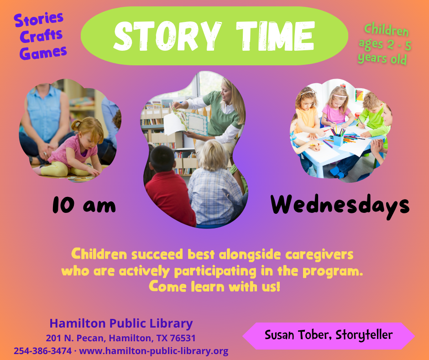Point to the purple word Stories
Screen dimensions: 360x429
point(39,19)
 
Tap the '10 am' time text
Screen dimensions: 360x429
point(84,206)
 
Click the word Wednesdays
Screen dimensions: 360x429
point(340,206)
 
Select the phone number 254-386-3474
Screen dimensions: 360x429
point(42,351)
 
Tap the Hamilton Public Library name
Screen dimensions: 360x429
point(121,323)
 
